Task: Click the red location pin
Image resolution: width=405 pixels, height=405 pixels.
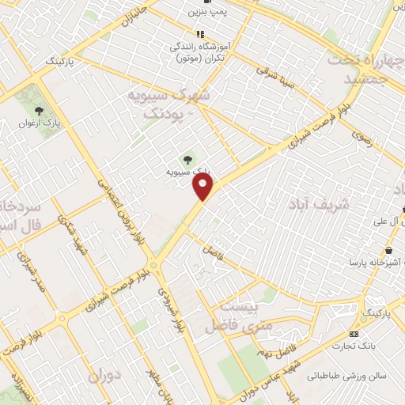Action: [204, 187]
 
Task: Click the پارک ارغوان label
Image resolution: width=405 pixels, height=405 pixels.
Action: [40, 124]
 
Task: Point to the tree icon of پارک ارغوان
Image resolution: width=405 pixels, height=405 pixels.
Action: [40, 112]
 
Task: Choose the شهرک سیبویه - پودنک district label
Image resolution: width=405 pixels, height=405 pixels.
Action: [168, 104]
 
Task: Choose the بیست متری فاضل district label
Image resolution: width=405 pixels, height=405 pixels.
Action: [237, 316]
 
